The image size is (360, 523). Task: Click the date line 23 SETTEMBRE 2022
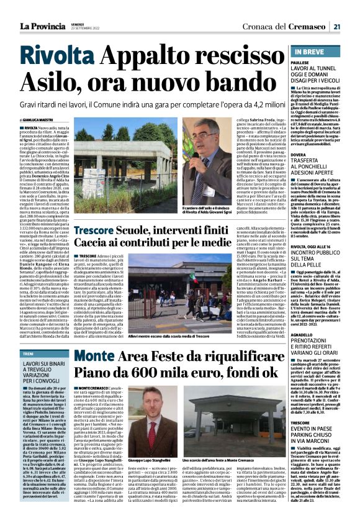(84, 29)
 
